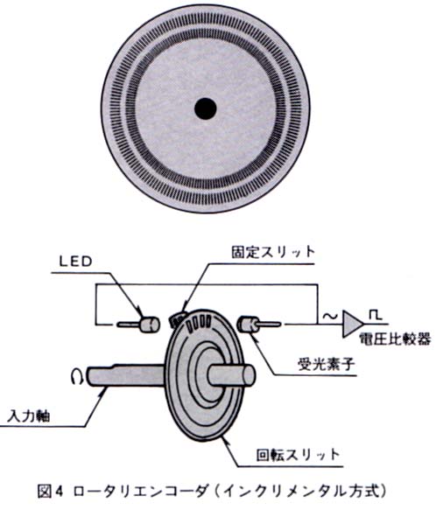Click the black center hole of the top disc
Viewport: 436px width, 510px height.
206,108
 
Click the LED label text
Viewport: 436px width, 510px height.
76,262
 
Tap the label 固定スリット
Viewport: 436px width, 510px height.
273,253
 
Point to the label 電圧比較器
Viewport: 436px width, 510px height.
395,339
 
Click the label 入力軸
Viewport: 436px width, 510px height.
29,416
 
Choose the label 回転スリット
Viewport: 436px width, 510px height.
298,454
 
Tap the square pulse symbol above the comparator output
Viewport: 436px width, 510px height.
376,315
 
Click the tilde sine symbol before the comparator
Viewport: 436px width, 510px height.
329,316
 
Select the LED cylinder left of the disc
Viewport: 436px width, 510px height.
150,325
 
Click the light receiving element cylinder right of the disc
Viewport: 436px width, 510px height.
248,325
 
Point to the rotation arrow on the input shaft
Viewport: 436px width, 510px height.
78,376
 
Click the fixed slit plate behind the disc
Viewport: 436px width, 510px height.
178,318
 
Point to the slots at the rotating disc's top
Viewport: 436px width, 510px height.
199,324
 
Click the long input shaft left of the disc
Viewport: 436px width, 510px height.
126,375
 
